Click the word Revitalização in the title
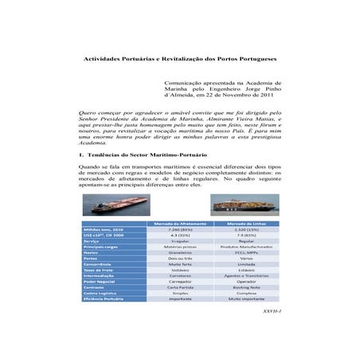[175, 60]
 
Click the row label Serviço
[94, 241]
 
